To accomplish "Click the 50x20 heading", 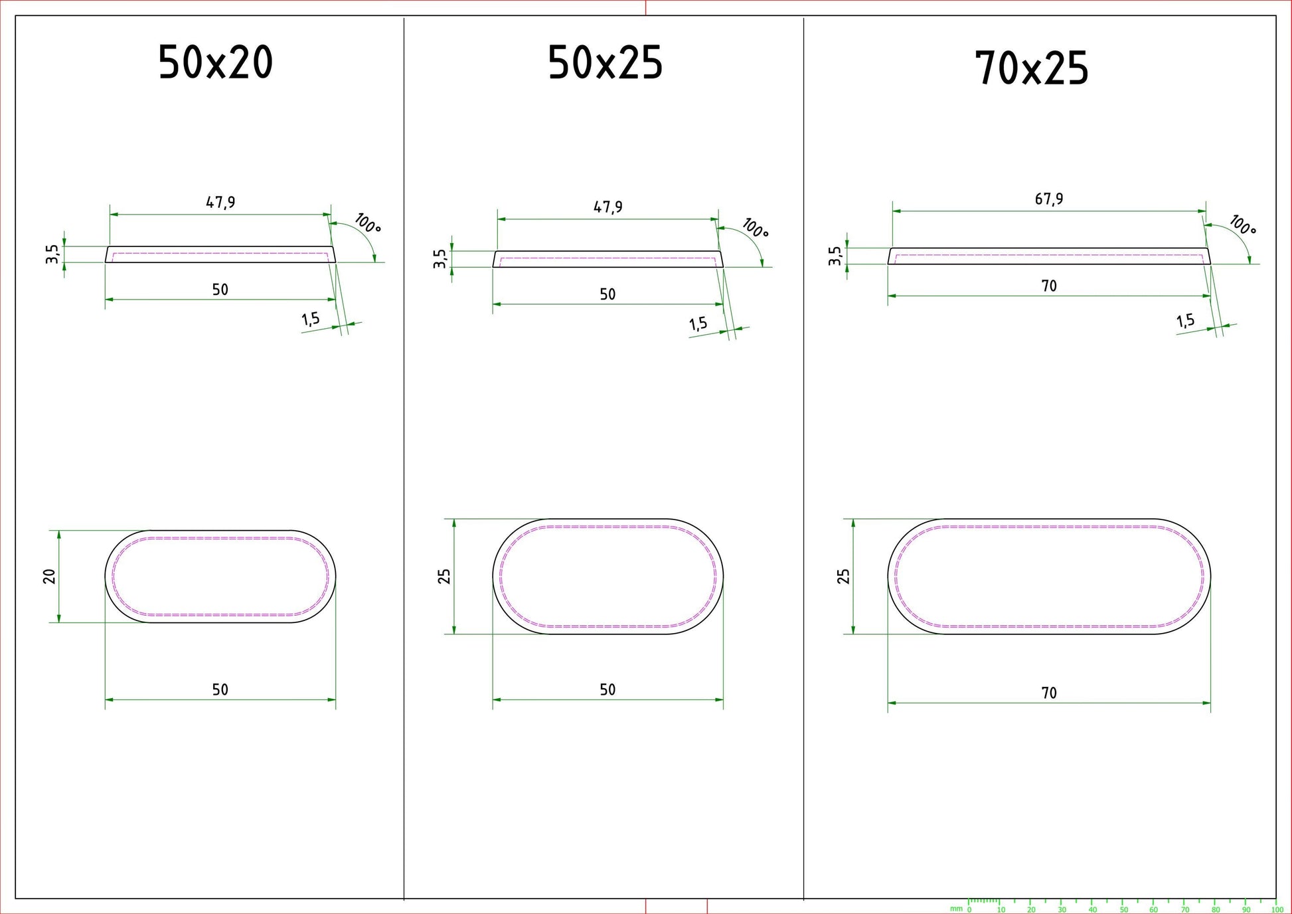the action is [x=215, y=63].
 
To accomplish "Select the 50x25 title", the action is [x=605, y=64].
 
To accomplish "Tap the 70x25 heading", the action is [x=1032, y=68].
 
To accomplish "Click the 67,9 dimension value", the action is [x=1049, y=199].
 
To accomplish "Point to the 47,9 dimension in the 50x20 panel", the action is [x=220, y=202].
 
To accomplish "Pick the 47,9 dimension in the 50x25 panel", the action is [x=608, y=207].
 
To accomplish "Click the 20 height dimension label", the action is [x=50, y=576].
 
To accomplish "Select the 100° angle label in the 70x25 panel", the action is [x=1242, y=225].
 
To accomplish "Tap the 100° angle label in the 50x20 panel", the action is [x=367, y=223].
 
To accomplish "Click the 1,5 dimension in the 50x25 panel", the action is [x=698, y=324].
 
